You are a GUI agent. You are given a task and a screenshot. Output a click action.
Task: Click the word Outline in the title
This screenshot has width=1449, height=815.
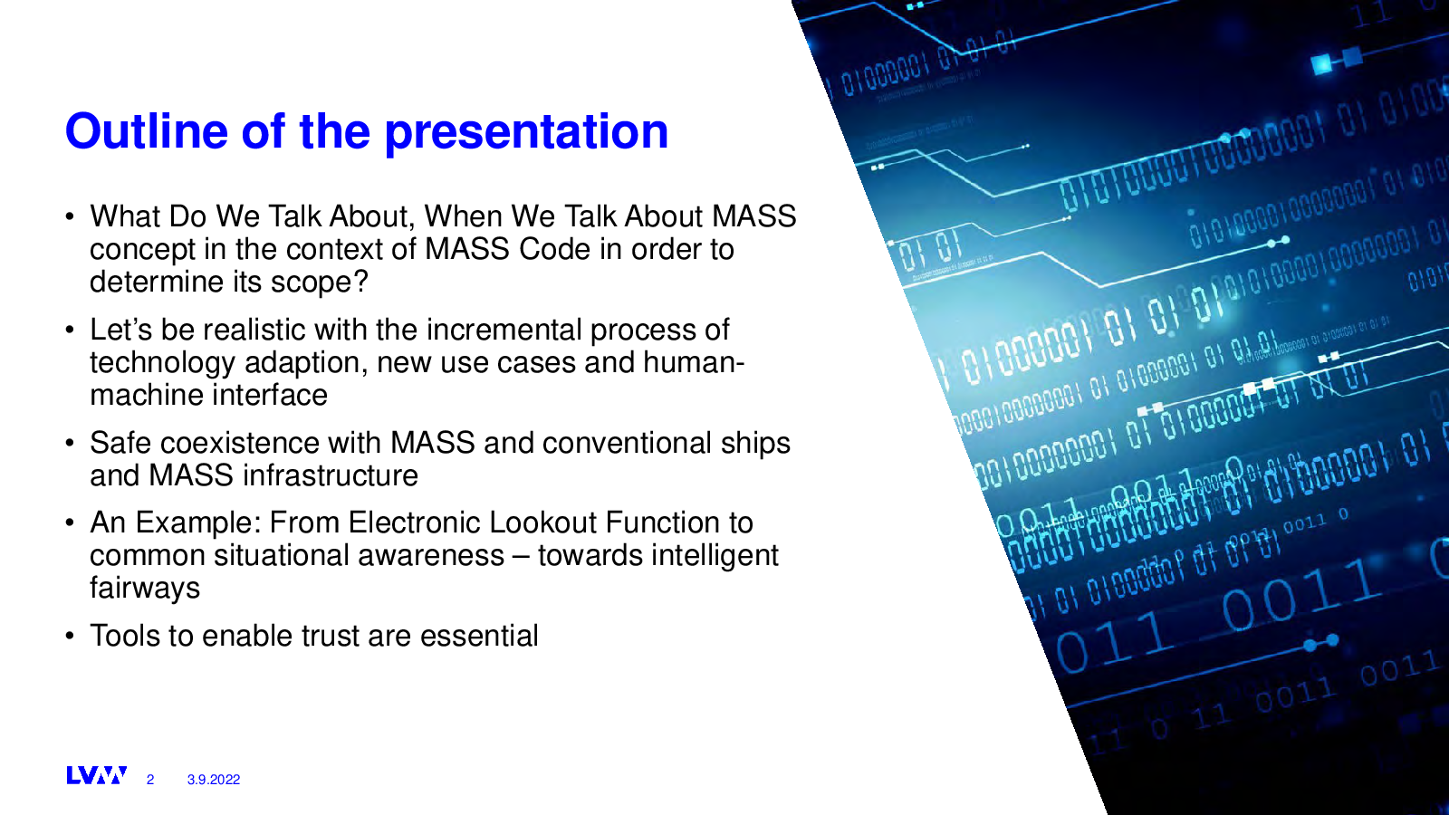tap(146, 131)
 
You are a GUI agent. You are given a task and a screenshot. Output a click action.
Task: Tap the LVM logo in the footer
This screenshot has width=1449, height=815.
tap(96, 775)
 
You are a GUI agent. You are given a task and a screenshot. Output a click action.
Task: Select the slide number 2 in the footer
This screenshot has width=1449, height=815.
tap(150, 780)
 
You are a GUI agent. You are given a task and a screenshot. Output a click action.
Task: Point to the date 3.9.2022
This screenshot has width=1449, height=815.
tap(214, 780)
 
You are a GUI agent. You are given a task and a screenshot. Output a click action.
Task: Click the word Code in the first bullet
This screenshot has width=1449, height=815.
tap(554, 249)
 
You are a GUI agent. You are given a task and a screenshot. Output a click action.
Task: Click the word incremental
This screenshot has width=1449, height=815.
tap(504, 330)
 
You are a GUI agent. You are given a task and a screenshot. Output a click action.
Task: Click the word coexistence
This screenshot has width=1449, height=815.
tap(239, 443)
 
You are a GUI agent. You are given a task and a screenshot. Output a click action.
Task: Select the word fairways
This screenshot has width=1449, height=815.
tap(145, 589)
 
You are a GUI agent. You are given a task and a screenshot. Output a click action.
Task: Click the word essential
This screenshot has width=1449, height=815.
tap(479, 636)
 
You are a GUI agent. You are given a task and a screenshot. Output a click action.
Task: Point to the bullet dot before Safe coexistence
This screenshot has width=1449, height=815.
tap(70, 445)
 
